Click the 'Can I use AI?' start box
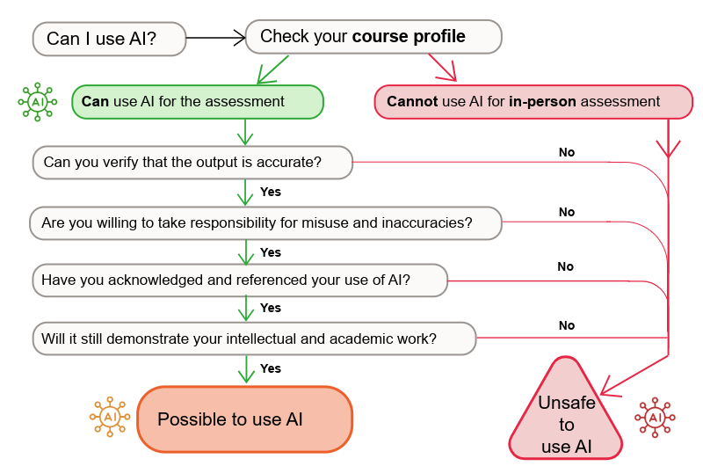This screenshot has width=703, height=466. click(x=109, y=39)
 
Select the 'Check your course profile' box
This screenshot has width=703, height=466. click(x=373, y=37)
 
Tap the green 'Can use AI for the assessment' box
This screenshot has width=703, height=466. click(x=197, y=102)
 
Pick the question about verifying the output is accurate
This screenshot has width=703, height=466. click(x=192, y=162)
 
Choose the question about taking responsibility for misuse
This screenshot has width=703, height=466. click(x=265, y=223)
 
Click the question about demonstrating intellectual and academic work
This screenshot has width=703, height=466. click(x=254, y=338)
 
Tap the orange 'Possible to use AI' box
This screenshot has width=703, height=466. click(x=244, y=419)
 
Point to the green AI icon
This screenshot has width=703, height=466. click(x=37, y=102)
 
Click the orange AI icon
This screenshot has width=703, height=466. click(x=110, y=416)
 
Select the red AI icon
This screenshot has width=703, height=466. click(x=655, y=417)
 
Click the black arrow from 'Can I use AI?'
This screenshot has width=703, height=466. click(x=215, y=38)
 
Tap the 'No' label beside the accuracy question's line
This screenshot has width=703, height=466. click(x=567, y=152)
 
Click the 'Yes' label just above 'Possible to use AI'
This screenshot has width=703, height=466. click(x=271, y=368)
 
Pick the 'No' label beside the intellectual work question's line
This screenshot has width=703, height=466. click(x=567, y=325)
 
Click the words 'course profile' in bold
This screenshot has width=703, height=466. click(x=409, y=37)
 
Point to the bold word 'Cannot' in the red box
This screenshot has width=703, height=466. click(x=412, y=102)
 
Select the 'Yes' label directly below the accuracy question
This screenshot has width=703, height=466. click(x=271, y=192)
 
